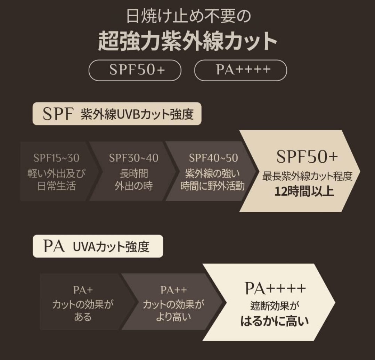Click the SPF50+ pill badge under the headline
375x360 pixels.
click(x=135, y=70)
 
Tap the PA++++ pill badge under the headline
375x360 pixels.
click(x=241, y=70)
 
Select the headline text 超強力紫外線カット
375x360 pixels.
click(x=188, y=41)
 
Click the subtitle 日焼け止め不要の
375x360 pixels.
click(x=188, y=16)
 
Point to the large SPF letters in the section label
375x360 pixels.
click(x=58, y=114)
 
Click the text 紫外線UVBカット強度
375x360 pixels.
click(x=137, y=114)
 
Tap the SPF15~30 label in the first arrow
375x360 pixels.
click(x=56, y=158)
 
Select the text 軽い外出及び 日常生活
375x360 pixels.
click(x=56, y=180)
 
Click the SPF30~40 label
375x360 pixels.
click(x=134, y=158)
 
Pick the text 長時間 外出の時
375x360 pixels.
click(x=134, y=180)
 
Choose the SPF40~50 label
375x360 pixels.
click(x=213, y=158)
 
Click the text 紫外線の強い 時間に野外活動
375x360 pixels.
click(x=213, y=180)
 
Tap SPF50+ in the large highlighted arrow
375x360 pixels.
click(x=307, y=157)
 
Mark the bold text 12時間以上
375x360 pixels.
click(x=304, y=191)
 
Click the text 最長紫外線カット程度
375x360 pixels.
click(x=307, y=177)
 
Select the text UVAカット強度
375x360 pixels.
click(x=111, y=247)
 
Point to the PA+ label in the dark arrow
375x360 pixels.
click(x=83, y=290)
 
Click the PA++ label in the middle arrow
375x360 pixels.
click(x=174, y=290)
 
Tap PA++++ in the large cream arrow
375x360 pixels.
click(x=275, y=288)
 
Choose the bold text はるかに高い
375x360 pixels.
click(x=275, y=321)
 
